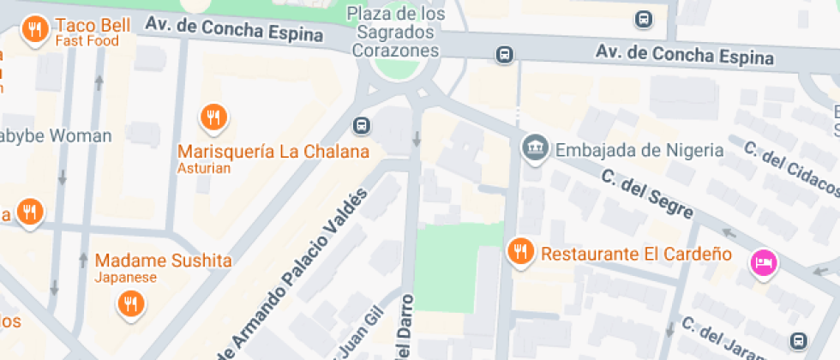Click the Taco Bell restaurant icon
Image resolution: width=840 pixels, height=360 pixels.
coord(34,30)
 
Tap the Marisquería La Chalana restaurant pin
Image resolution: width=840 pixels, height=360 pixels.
coord(213,116)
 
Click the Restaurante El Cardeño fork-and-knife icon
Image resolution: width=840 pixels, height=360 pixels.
coord(519,251)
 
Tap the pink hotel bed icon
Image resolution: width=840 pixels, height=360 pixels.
coord(762,261)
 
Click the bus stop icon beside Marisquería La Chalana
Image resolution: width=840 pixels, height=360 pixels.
coord(362,125)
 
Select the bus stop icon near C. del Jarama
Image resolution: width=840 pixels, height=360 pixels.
coord(799,339)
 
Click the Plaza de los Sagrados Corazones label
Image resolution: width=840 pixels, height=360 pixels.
coord(397,32)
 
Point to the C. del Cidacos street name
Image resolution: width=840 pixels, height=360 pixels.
coord(789,166)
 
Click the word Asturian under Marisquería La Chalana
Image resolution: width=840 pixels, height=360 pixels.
coord(204,168)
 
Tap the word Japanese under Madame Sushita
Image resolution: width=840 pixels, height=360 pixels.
coord(126,277)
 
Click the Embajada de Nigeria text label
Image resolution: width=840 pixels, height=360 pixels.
coord(639,150)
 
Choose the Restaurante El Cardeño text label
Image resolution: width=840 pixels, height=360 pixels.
coord(636,254)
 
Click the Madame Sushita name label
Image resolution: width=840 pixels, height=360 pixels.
coord(163,260)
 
